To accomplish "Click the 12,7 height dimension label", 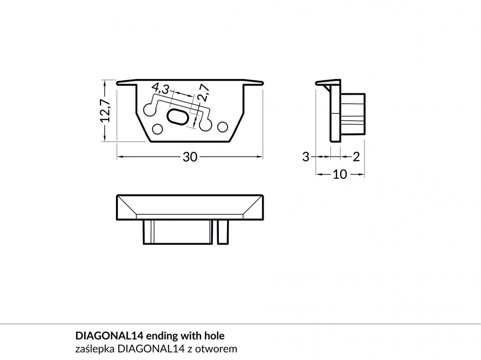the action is click(106, 111).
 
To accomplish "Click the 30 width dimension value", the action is click(190, 157).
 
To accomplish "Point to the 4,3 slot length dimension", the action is click(160, 88).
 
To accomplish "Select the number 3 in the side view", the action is click(305, 157).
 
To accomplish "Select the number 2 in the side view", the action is click(356, 157).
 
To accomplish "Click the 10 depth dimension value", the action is click(340, 174).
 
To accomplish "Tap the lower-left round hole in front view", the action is click(157, 129).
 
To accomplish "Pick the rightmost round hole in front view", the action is click(222, 126).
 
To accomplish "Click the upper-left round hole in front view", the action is click(149, 110).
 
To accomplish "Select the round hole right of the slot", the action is click(205, 124).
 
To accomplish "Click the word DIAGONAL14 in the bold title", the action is click(109, 336).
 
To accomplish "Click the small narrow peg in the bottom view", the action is click(223, 232).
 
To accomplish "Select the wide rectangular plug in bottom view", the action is click(178, 232).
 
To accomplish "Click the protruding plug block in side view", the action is click(353, 114).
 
